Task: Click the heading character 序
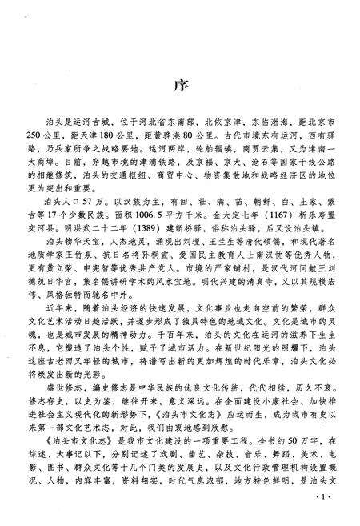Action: [180, 85]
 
